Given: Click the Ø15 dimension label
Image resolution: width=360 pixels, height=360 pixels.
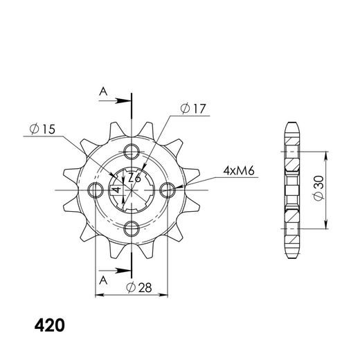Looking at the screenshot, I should click(x=43, y=129).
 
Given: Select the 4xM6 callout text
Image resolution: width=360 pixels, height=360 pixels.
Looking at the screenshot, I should click(x=237, y=170).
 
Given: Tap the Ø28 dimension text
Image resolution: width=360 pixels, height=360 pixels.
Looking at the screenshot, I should click(x=141, y=287).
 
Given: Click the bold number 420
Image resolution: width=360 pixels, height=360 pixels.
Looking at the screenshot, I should click(x=50, y=323).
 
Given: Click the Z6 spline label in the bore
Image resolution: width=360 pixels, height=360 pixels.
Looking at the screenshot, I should click(x=135, y=179).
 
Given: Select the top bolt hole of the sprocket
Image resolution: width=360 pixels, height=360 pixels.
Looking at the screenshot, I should click(x=132, y=152).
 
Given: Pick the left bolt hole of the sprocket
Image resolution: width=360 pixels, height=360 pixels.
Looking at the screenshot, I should click(x=95, y=190).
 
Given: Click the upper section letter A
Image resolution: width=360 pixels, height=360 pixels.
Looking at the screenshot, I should click(x=102, y=91).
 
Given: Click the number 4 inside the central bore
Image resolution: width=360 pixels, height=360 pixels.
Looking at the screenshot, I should click(x=118, y=188).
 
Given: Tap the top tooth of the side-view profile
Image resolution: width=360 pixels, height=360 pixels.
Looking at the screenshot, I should click(x=291, y=130).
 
